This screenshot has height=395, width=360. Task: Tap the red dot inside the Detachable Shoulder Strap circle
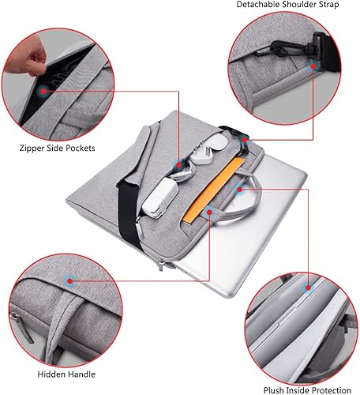313,66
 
